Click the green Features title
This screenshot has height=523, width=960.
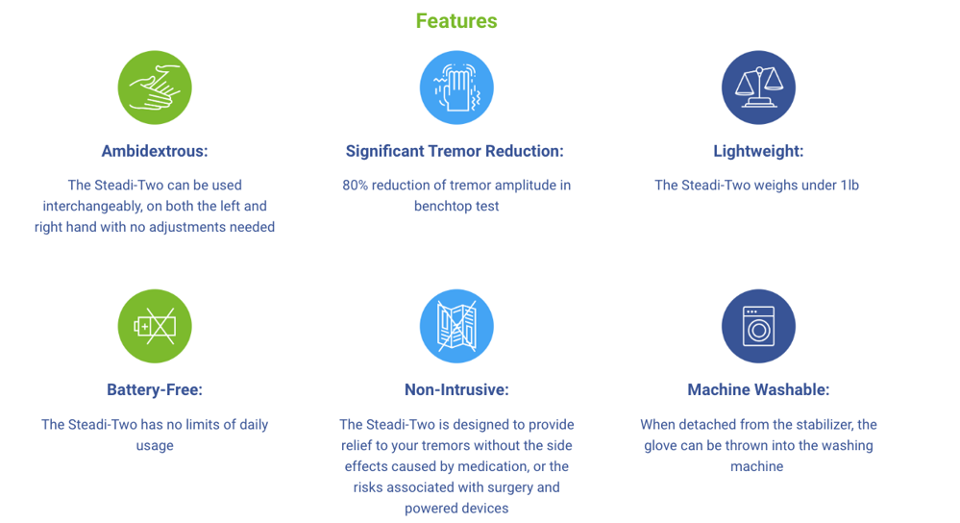[456, 21]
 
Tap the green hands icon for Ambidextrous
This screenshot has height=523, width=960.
[155, 87]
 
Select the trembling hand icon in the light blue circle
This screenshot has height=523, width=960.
[456, 87]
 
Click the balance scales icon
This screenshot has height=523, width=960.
[758, 87]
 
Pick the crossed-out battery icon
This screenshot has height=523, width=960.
[155, 327]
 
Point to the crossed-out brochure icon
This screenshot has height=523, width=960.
[456, 327]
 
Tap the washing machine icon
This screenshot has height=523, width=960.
[758, 327]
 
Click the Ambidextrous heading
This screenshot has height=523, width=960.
[155, 151]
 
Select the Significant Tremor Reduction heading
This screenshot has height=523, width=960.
[455, 151]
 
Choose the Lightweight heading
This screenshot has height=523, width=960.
[758, 151]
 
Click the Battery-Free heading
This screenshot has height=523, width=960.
[155, 390]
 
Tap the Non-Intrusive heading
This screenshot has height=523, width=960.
[456, 390]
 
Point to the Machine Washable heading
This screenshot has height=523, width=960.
[758, 390]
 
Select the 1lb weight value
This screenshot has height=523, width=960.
[849, 186]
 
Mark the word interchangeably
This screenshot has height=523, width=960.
[91, 207]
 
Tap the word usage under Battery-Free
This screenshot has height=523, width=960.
[155, 446]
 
